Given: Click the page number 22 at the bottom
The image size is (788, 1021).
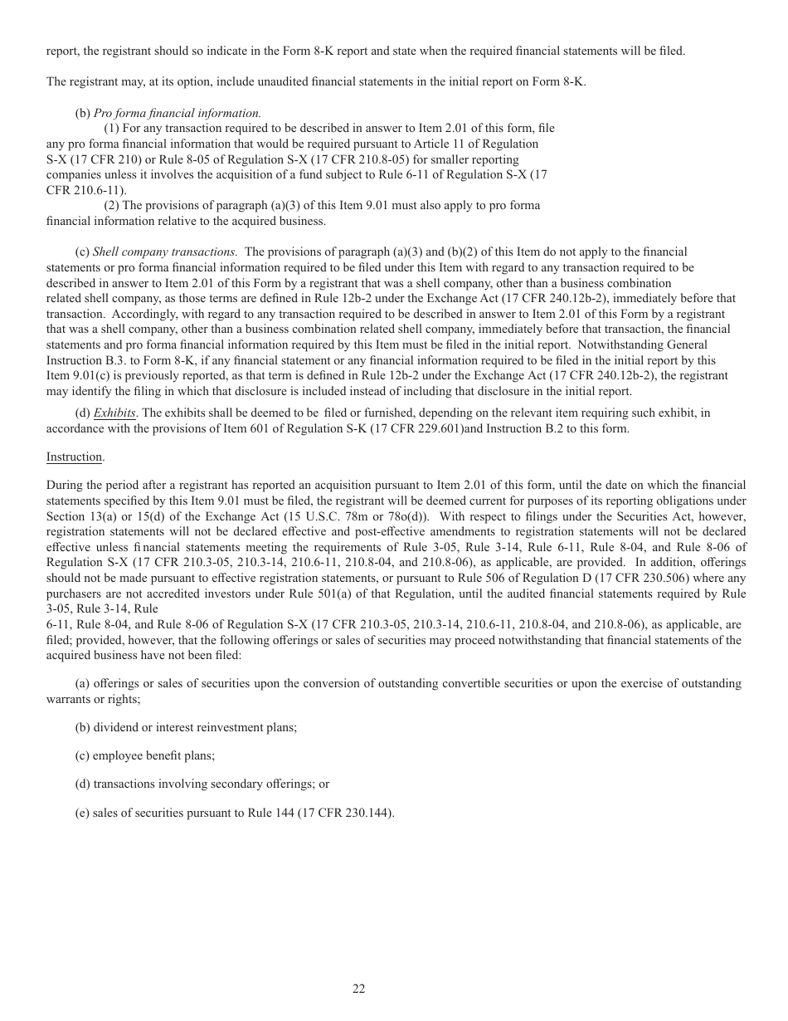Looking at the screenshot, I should point(358,988).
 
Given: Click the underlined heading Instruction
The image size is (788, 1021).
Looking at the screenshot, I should point(75,457).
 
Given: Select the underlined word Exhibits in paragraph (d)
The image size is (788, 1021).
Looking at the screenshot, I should point(115,413).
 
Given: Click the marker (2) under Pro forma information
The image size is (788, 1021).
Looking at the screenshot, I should point(111,205).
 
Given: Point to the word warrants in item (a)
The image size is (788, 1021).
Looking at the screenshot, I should point(67,699).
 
